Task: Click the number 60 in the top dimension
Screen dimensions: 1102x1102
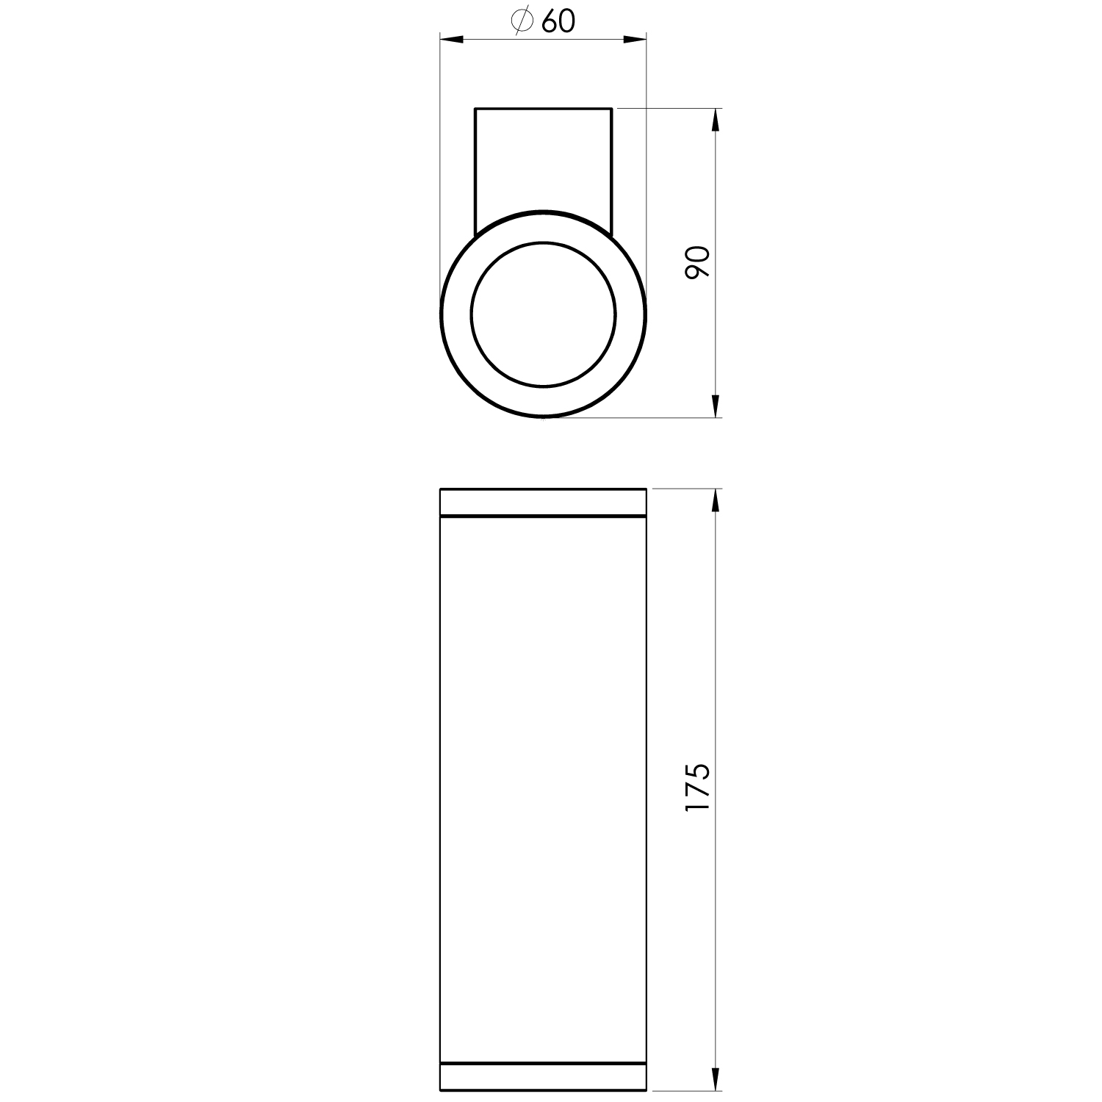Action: click(558, 23)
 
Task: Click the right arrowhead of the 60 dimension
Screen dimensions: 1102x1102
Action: click(635, 39)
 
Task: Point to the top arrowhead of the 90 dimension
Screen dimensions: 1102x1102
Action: click(716, 120)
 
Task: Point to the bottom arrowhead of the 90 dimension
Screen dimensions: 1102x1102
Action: click(716, 406)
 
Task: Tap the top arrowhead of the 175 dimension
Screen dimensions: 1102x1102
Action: click(716, 500)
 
